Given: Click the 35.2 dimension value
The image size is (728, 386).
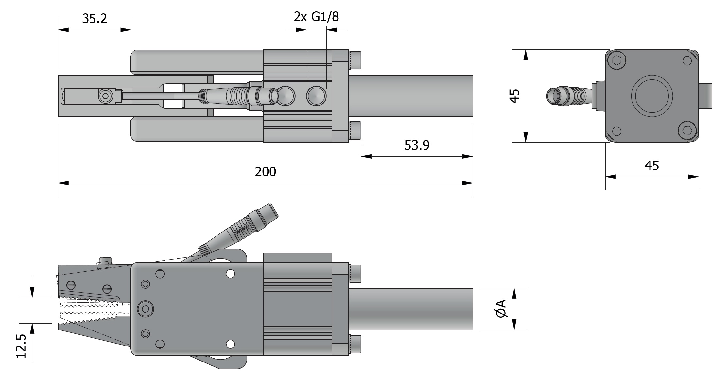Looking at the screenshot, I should point(94,19).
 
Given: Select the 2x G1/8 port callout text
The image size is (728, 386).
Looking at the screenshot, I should point(316,16).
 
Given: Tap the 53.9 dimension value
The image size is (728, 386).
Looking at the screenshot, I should point(417,145).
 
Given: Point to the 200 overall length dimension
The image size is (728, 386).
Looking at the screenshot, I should point(265,172).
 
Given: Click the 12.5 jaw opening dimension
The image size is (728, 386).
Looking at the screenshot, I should point(21,346).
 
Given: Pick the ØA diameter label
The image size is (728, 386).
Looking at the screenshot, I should point(501,309).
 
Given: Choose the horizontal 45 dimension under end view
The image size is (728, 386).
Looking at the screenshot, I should point(651,166).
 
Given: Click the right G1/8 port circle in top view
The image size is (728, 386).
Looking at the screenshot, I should point(316,96).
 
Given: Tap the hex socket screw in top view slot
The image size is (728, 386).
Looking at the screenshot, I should point(105,96).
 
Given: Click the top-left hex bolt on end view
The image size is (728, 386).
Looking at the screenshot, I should point(616,61).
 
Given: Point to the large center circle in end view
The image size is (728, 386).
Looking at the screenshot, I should point(652,96).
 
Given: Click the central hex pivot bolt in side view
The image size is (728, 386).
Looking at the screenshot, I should point(146,309).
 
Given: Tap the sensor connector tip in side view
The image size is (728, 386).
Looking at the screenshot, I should point(272,211).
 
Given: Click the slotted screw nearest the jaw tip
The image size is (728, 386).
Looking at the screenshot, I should point(71,285).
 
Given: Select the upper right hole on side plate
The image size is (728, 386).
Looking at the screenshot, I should point(231,274).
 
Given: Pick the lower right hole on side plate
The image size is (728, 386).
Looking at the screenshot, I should point(231,344).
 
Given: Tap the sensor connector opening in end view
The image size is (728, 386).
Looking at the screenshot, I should point(553,96).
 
